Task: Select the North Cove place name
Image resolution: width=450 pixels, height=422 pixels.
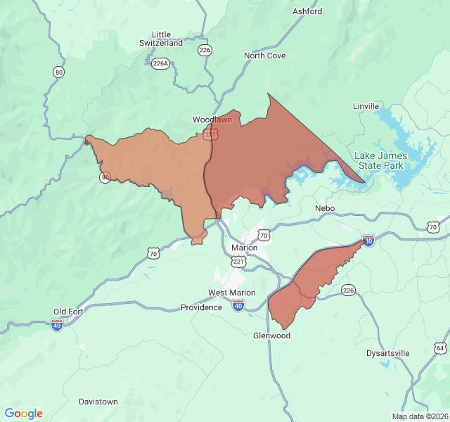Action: (264, 56)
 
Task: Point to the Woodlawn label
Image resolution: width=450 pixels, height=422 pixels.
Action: (212, 120)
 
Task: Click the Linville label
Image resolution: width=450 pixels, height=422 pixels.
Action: (366, 106)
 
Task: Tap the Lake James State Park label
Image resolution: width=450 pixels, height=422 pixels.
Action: (379, 160)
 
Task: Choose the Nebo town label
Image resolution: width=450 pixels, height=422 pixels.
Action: (325, 209)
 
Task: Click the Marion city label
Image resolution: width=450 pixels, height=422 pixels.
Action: (244, 248)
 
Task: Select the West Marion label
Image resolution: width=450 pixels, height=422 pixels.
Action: (231, 293)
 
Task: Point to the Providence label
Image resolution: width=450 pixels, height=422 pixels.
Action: (201, 307)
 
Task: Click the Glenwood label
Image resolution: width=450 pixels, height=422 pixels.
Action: (271, 335)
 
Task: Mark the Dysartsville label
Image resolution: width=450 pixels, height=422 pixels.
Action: (388, 353)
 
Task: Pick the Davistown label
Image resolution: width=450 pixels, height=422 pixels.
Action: (98, 402)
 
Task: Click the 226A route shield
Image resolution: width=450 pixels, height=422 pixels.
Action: (160, 63)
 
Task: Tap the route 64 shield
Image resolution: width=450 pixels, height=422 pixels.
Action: (440, 348)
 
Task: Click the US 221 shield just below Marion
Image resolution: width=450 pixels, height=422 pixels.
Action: (239, 262)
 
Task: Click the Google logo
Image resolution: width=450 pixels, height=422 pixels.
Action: (23, 414)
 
